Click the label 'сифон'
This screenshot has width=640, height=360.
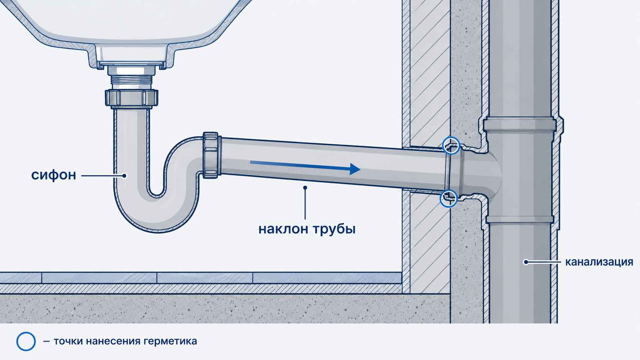[x=54, y=175]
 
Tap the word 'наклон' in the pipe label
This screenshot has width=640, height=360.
[x=283, y=229]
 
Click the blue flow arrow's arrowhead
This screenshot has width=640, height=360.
[x=354, y=169]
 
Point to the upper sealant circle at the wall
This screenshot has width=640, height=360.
[x=451, y=145]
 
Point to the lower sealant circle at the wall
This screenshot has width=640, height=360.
[x=449, y=199]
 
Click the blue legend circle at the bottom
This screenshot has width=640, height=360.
[x=26, y=341]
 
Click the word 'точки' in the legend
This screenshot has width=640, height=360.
[x=68, y=341]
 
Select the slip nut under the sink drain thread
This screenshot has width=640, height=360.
[x=131, y=98]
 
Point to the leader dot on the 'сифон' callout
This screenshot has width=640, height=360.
[x=124, y=176]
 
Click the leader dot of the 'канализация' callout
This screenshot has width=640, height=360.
[x=526, y=262]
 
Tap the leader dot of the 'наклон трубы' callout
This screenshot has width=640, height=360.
[x=305, y=187]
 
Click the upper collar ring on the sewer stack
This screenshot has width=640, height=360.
[x=520, y=124]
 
